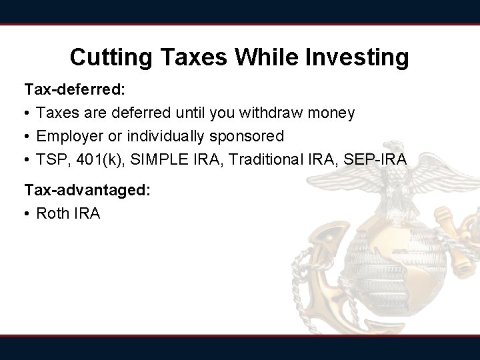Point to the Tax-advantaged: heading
pos(87,190)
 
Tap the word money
pos(331,113)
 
